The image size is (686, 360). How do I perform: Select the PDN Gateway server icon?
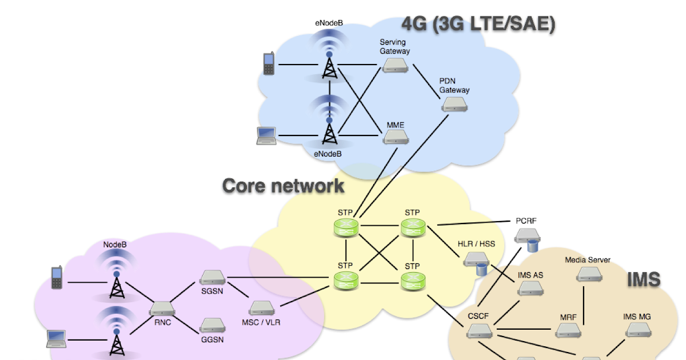pyautogui.click(x=454, y=105)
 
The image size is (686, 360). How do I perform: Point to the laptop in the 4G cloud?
pyautogui.click(x=266, y=134)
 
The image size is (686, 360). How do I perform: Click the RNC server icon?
pyautogui.click(x=162, y=309)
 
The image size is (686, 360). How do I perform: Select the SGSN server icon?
pyautogui.click(x=212, y=278)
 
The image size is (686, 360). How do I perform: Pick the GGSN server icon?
pyautogui.click(x=212, y=325)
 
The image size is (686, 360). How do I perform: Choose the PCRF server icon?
pyautogui.click(x=527, y=237)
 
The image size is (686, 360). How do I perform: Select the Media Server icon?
pyautogui.click(x=587, y=275)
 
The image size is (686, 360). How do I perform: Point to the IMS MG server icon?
pyautogui.click(x=637, y=330)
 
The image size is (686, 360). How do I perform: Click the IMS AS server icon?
pyautogui.click(x=530, y=289)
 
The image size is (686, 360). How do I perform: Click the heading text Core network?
pyautogui.click(x=283, y=186)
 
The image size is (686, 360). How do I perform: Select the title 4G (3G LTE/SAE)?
pyautogui.click(x=478, y=24)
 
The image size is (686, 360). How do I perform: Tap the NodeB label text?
pyautogui.click(x=115, y=245)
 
